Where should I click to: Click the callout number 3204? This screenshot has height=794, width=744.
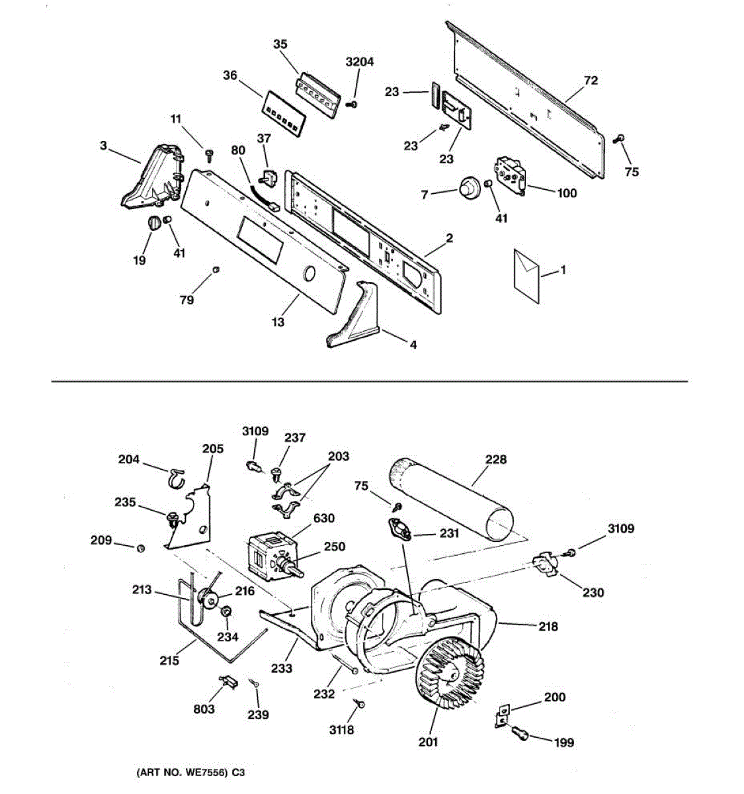pyautogui.click(x=360, y=62)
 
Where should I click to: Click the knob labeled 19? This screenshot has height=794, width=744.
pyautogui.click(x=153, y=224)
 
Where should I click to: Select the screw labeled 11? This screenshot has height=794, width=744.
pyautogui.click(x=210, y=154)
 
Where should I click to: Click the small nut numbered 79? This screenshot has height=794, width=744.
pyautogui.click(x=215, y=269)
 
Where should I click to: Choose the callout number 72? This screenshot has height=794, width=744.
pyautogui.click(x=591, y=80)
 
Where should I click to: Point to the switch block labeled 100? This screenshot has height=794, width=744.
pyautogui.click(x=510, y=173)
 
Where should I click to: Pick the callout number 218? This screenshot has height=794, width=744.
pyautogui.click(x=548, y=626)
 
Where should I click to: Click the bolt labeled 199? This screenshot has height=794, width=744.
pyautogui.click(x=519, y=732)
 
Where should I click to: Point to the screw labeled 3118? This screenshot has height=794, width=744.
pyautogui.click(x=361, y=705)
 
